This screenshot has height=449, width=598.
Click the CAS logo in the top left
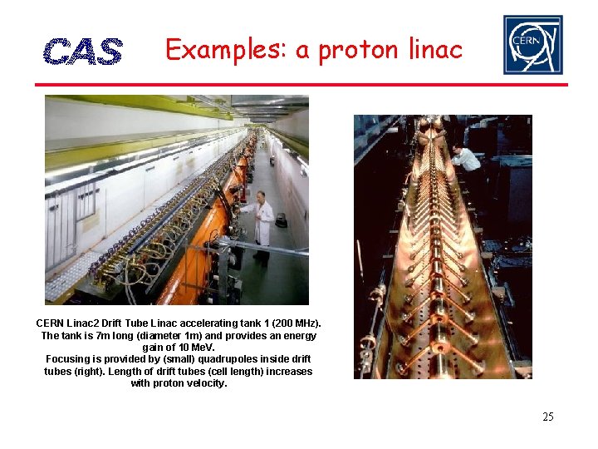(82, 52)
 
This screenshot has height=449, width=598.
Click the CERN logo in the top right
(532, 45)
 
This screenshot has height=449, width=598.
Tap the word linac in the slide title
(434, 50)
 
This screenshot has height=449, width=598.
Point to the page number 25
(547, 417)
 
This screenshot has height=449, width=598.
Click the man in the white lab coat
(262, 223)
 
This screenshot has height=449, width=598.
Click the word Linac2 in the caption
(86, 323)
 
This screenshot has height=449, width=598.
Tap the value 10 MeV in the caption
(195, 348)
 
